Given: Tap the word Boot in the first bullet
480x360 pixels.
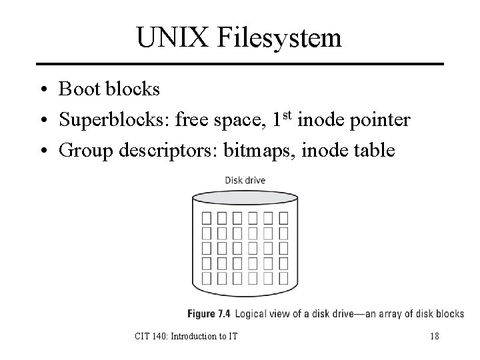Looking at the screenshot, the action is pyautogui.click(x=78, y=89).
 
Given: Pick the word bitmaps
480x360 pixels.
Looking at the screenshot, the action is pyautogui.click(x=263, y=151).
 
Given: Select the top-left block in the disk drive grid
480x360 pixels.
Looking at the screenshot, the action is pyautogui.click(x=206, y=217).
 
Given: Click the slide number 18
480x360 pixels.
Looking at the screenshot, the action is pyautogui.click(x=434, y=336).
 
